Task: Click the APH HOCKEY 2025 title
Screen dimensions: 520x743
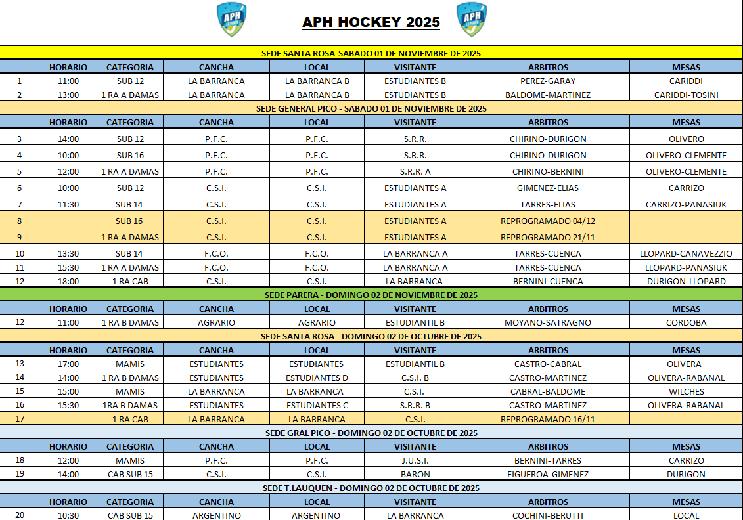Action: pos(371,22)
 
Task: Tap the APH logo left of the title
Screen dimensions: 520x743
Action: pos(231,19)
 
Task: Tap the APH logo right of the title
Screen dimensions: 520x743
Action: pos(471,19)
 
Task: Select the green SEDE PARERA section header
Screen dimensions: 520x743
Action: pos(371,295)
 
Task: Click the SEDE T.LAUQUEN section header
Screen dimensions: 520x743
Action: pos(371,488)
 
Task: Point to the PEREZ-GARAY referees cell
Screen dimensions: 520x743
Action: pos(547,81)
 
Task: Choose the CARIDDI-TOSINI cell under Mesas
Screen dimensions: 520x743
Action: pos(686,95)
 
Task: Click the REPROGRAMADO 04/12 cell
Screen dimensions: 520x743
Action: pos(547,221)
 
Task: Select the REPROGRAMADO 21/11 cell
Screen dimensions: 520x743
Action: pos(547,237)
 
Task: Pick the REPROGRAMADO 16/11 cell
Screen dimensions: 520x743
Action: pos(547,419)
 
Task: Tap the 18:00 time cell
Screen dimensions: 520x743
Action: pos(68,281)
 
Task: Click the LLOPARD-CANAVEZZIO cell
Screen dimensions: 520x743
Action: pos(686,253)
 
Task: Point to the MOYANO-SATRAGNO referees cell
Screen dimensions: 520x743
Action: pos(547,322)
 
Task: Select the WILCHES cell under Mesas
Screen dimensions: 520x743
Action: pos(686,391)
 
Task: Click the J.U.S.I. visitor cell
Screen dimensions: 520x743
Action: pos(415,460)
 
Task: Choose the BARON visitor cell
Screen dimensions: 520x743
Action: pos(415,474)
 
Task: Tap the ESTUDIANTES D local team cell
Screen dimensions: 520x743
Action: pos(317,378)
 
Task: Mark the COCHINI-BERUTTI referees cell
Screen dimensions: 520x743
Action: pos(547,515)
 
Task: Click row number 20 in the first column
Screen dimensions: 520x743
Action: pos(20,515)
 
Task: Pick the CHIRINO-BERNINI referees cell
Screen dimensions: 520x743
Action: pos(547,171)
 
